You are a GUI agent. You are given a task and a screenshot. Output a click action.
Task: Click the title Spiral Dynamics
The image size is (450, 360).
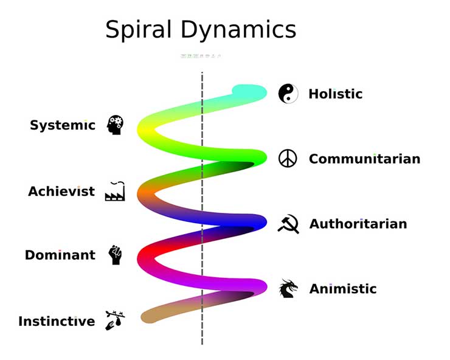pos(201,30)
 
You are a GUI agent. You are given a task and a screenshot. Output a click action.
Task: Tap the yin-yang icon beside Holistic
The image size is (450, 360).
pos(288,94)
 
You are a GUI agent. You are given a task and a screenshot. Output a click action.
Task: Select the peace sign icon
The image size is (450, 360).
pos(288,159)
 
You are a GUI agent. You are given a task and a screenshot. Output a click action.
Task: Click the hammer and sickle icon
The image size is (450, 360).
pos(288,224)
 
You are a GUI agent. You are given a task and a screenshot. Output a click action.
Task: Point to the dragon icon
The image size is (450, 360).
pos(288,289)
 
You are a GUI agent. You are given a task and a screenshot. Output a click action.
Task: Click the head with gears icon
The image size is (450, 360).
pos(115,125)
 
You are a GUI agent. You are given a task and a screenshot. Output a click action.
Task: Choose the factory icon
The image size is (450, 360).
pos(115,191)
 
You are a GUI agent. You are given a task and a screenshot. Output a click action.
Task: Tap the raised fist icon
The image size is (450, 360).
pos(115,255)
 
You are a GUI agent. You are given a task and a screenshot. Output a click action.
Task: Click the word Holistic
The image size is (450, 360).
pos(335,94)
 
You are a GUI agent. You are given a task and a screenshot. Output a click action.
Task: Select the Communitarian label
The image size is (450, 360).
pos(364,159)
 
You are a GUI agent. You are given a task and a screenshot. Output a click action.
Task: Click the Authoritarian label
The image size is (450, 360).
pos(358,224)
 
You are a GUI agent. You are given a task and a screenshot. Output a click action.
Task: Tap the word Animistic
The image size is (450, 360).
pos(343,289)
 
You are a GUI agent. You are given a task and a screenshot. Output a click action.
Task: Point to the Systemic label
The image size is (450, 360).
pos(63,126)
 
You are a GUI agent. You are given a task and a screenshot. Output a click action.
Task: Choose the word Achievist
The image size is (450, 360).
pos(61,192)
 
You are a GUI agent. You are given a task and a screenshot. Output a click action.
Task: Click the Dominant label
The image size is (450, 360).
pos(60,255)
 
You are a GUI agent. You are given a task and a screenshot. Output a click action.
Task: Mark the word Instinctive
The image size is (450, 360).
pos(57,321)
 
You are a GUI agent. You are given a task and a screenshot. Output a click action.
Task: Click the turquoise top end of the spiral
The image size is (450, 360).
pos(249,92)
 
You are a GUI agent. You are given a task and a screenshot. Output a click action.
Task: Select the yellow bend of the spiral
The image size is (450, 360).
pos(147,129)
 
